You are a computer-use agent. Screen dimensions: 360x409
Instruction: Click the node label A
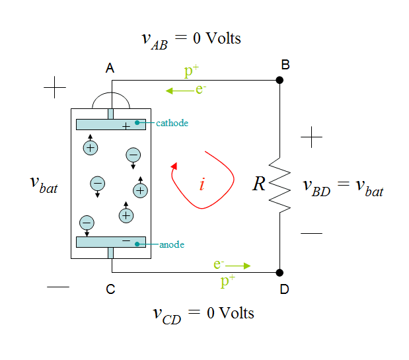[110, 67]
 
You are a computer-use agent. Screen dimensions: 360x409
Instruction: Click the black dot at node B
[279, 80]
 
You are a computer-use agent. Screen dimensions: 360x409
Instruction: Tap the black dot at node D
[279, 272]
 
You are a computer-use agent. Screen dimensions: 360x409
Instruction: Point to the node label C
[110, 289]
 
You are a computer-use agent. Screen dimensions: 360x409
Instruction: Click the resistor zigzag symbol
[280, 184]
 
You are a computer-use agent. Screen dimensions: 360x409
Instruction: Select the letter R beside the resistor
[258, 184]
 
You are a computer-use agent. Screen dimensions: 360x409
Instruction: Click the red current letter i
[202, 184]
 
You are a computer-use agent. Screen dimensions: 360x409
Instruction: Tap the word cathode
[172, 123]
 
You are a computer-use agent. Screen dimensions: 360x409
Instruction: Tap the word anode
[172, 245]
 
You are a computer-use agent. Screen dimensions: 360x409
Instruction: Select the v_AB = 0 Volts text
[192, 38]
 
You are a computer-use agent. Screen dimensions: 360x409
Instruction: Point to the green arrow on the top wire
[178, 90]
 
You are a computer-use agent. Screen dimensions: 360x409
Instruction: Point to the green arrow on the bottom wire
[239, 266]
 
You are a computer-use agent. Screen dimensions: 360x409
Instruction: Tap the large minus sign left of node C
[58, 287]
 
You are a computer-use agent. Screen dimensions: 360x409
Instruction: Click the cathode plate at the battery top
[110, 124]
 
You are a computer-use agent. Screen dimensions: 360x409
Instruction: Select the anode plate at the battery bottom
[110, 242]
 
